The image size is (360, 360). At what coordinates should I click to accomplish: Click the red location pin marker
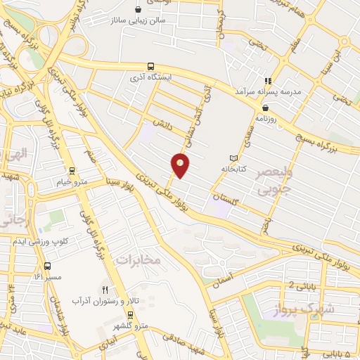point(181,165)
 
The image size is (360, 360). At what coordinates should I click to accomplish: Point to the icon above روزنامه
point(265,108)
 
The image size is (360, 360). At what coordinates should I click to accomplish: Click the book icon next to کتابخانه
point(234,158)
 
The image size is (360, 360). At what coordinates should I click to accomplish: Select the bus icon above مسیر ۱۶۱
point(47,266)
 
